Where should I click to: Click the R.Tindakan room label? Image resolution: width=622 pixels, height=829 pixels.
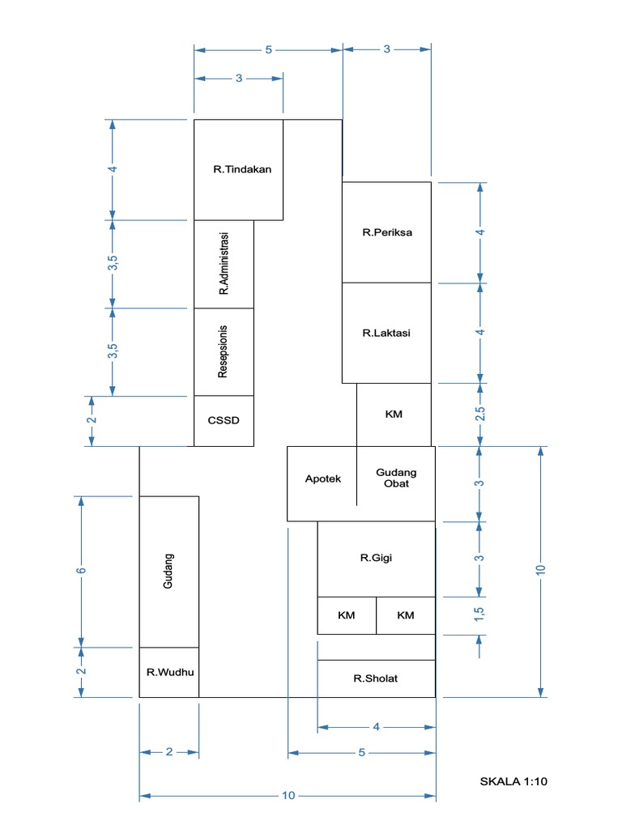click(241, 170)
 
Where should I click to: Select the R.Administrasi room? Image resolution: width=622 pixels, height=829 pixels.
click(224, 264)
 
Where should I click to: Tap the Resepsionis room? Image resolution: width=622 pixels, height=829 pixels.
click(224, 351)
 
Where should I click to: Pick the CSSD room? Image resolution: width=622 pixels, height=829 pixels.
click(224, 421)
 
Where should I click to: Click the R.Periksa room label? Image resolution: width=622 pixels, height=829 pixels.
click(386, 232)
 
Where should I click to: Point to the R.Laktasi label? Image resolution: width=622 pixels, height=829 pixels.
click(386, 333)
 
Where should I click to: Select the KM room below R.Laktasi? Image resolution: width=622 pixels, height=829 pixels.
click(394, 414)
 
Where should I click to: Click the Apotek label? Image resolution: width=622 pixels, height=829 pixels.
click(323, 478)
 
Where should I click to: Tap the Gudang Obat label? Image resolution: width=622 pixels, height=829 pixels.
click(397, 478)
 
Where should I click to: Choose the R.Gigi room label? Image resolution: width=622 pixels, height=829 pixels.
click(377, 557)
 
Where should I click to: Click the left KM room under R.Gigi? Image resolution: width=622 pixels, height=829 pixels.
click(347, 615)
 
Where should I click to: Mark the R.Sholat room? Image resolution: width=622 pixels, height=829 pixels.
click(376, 678)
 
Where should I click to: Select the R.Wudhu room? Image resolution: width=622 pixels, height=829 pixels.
click(169, 672)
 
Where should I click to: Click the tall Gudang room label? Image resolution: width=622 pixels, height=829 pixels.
click(169, 571)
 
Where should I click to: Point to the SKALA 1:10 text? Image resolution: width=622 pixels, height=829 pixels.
click(514, 781)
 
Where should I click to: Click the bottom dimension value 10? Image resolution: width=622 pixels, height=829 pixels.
click(288, 796)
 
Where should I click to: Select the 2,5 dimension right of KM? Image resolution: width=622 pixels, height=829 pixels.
click(480, 414)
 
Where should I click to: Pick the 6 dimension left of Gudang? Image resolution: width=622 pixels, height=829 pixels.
click(81, 571)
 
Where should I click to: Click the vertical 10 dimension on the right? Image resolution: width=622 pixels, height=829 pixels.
click(541, 570)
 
